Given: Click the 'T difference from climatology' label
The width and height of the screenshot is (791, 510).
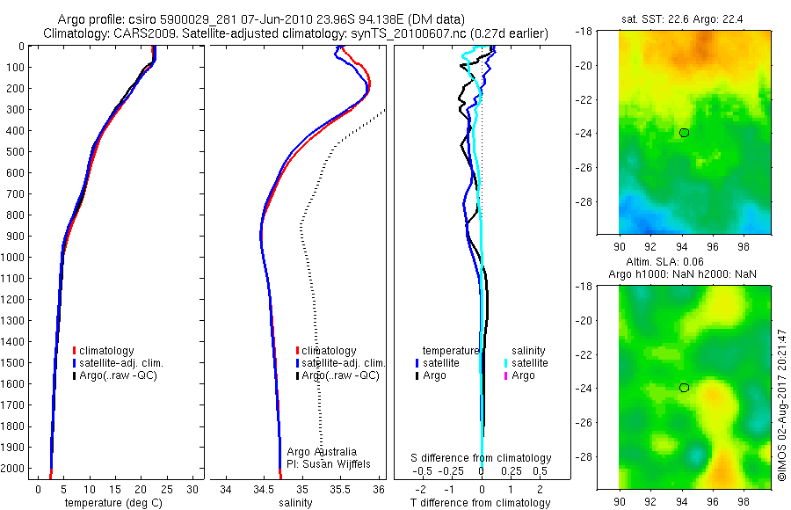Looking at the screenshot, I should tap(480, 503).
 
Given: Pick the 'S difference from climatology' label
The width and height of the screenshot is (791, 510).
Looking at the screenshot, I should tap(482, 458).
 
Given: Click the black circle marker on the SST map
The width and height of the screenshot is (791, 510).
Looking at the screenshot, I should tap(684, 133).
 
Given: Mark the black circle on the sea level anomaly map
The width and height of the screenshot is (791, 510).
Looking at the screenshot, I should tap(684, 387).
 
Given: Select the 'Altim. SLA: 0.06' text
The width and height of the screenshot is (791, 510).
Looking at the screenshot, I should tap(687, 263).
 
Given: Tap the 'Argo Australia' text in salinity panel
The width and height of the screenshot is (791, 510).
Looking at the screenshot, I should tap(322, 451).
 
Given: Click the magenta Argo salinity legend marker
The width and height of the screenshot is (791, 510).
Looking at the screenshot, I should tap(506, 375).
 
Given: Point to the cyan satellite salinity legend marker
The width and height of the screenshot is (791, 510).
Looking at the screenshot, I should tap(506, 362).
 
